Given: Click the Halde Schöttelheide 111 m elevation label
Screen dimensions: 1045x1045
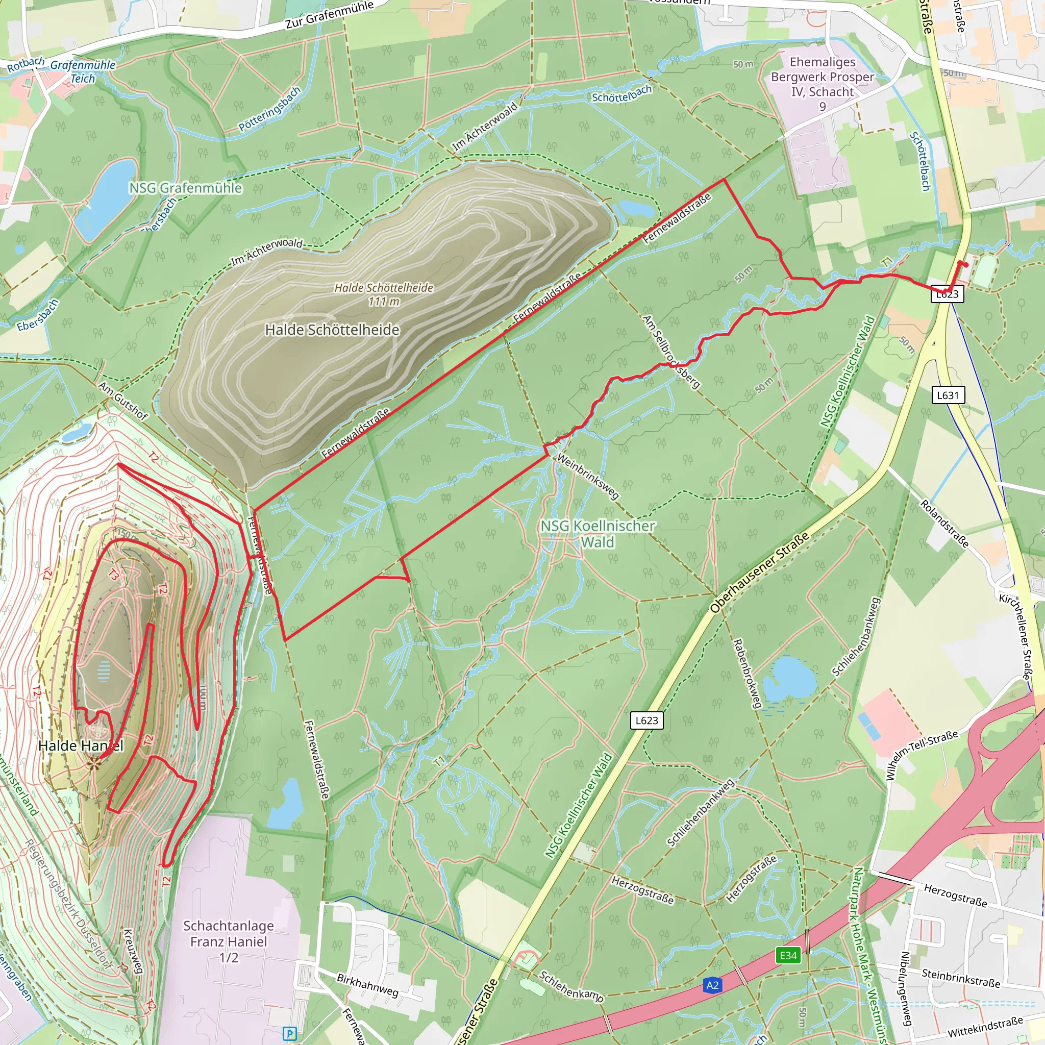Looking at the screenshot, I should point(384,295).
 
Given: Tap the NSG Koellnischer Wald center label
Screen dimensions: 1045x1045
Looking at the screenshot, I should point(597,534).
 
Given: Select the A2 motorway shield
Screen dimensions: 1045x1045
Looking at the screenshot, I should point(712,985).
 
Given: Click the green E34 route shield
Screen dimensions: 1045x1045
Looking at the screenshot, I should point(787,955).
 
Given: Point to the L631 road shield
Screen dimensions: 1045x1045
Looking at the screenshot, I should point(947,395).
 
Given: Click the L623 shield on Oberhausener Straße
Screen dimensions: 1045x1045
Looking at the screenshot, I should point(646,720).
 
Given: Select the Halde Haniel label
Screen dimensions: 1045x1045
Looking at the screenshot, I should point(81,746).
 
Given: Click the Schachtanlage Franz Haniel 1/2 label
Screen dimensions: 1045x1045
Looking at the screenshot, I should point(228,942).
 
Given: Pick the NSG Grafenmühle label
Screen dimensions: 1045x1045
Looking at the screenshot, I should point(186,188).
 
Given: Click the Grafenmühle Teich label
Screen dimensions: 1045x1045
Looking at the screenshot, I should point(83,71).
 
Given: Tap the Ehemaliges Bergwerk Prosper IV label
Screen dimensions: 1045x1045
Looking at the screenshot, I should point(822,84).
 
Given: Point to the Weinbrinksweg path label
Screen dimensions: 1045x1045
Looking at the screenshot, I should point(587,476).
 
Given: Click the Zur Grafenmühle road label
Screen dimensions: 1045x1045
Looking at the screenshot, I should point(330,15).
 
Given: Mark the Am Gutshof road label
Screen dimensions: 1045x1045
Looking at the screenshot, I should point(123,401).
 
